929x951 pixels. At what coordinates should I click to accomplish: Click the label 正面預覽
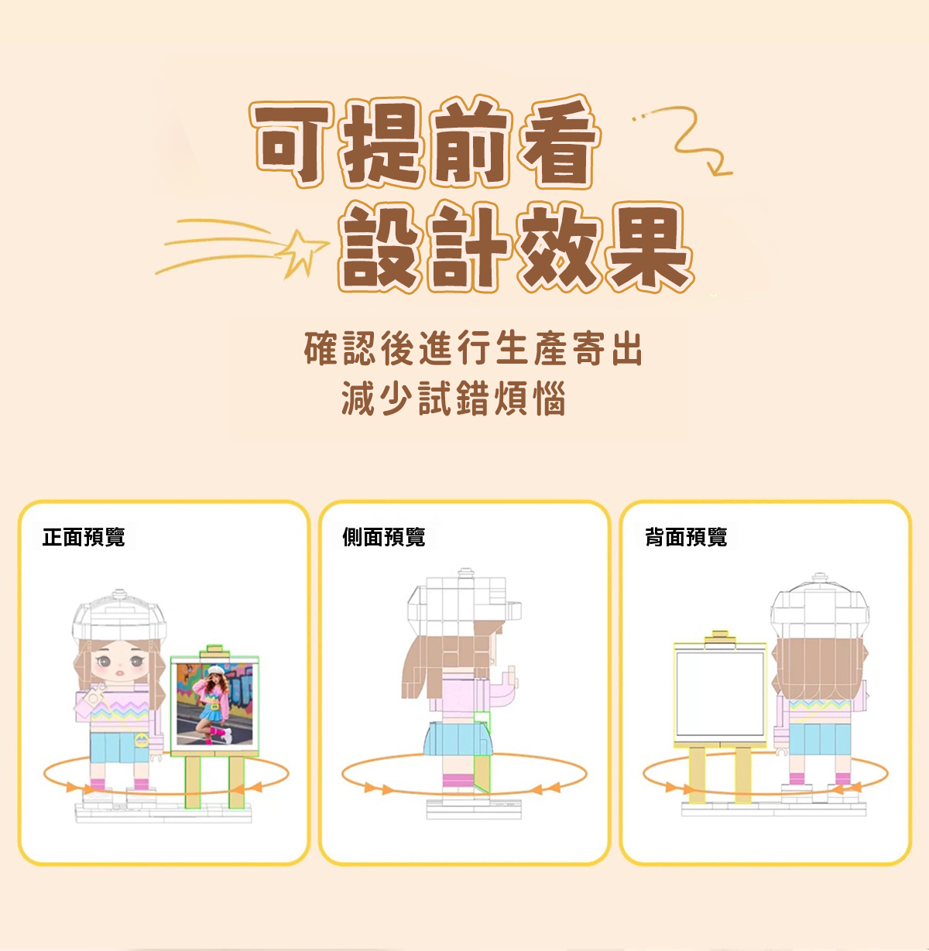tap(84, 537)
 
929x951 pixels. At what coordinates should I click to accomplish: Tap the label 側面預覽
tap(384, 537)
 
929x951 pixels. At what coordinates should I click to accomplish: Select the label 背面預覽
tap(686, 537)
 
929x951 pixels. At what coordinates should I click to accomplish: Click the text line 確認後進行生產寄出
tap(473, 348)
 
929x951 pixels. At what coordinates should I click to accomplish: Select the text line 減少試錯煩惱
tap(454, 399)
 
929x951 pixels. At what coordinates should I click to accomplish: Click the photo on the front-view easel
tap(214, 704)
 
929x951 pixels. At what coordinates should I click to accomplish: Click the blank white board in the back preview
tap(720, 694)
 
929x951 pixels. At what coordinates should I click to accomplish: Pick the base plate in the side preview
tap(474, 809)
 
